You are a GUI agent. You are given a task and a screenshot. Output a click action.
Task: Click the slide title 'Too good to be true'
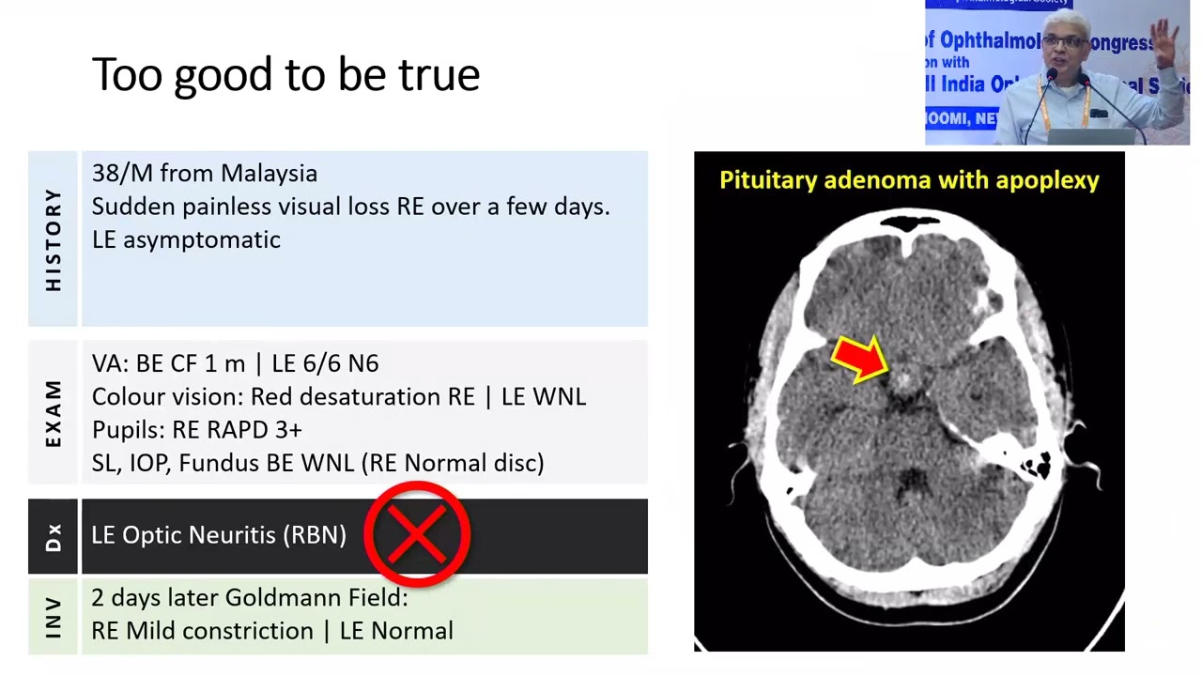pos(285,75)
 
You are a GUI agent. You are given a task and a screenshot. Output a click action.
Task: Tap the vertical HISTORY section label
pos(54,239)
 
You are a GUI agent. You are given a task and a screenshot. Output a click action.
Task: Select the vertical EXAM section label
pos(54,413)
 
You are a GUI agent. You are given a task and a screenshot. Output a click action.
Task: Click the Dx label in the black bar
pos(54,536)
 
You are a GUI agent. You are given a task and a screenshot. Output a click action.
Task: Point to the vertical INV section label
pos(54,616)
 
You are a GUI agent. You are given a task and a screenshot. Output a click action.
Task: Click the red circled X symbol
pos(417,534)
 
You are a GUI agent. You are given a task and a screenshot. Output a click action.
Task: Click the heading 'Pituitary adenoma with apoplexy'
pos(909,180)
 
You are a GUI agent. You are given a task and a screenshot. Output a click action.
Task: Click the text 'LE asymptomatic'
pos(186,240)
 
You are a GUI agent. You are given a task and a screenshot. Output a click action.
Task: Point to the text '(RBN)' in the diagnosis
pos(318,535)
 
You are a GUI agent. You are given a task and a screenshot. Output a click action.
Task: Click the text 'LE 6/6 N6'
pos(325,364)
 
